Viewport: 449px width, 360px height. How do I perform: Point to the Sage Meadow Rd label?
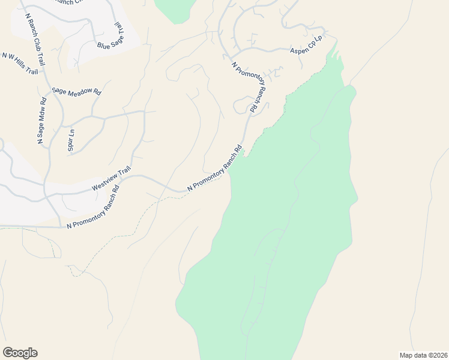click(76, 91)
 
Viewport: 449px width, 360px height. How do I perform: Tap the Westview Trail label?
click(111, 179)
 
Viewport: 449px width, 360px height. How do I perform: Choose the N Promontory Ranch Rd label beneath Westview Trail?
click(93, 208)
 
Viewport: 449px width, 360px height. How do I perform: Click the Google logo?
click(20, 353)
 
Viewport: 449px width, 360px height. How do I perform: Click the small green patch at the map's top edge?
click(175, 9)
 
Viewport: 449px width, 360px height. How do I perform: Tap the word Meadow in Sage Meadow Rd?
click(79, 91)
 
